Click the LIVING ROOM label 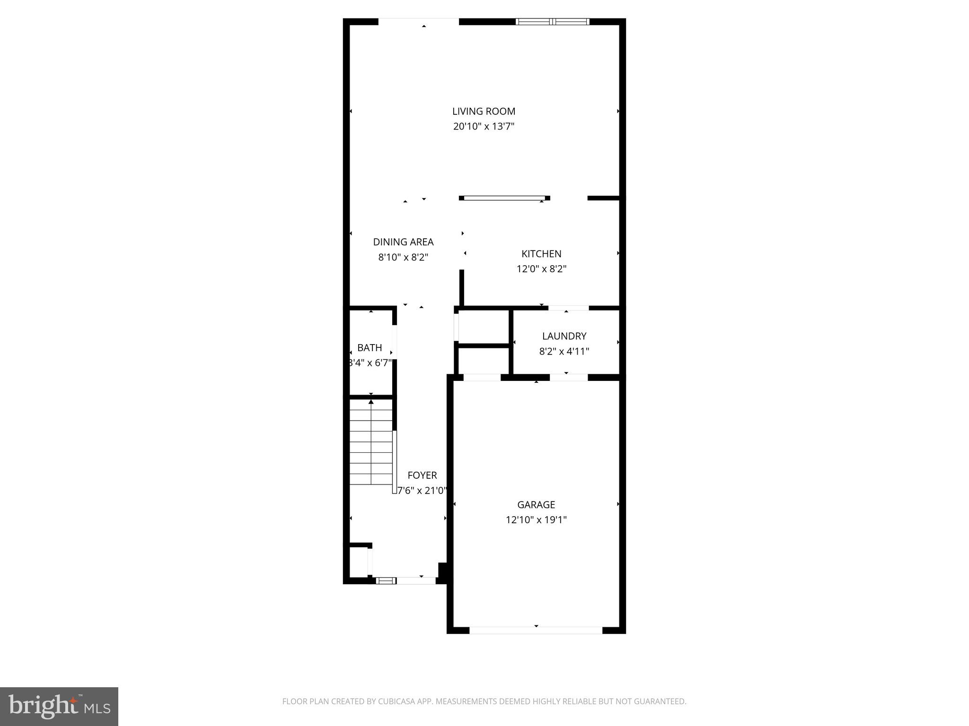pyautogui.click(x=484, y=112)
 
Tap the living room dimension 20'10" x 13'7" pyautogui.click(x=484, y=127)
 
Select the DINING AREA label pyautogui.click(x=403, y=242)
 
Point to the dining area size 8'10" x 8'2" pyautogui.click(x=403, y=258)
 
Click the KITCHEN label pyautogui.click(x=541, y=254)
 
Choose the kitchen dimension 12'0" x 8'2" pyautogui.click(x=541, y=269)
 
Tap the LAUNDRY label pyautogui.click(x=564, y=336)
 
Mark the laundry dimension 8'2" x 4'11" pyautogui.click(x=564, y=352)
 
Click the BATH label pyautogui.click(x=370, y=348)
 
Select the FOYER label pyautogui.click(x=422, y=475)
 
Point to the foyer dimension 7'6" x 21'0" pyautogui.click(x=422, y=491)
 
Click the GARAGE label pyautogui.click(x=536, y=505)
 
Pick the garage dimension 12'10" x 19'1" pyautogui.click(x=536, y=520)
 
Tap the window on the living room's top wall pyautogui.click(x=552, y=21)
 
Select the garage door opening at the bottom pyautogui.click(x=536, y=630)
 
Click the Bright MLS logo pyautogui.click(x=59, y=707)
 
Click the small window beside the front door pyautogui.click(x=386, y=580)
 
